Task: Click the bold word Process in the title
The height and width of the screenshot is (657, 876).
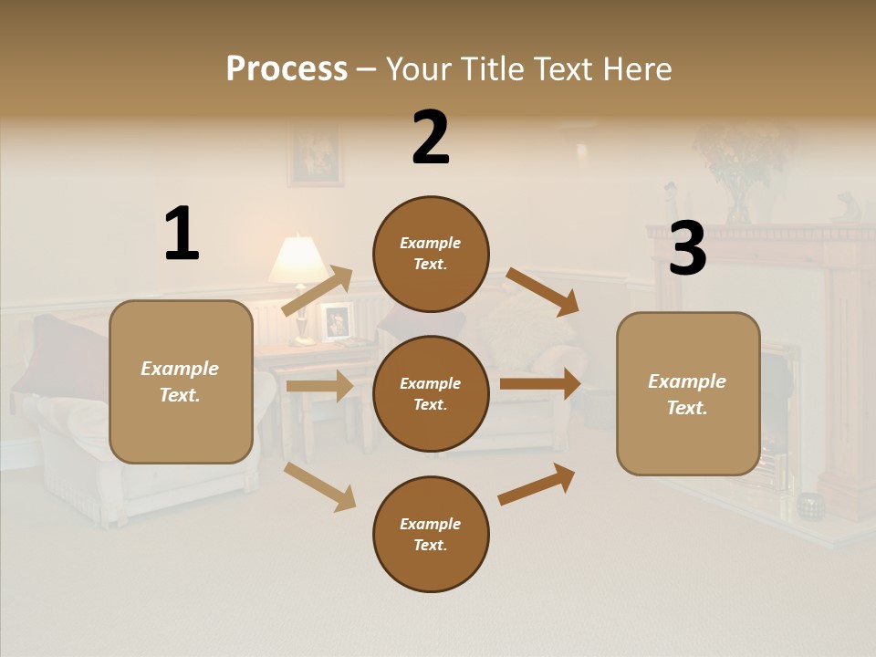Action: click(x=287, y=68)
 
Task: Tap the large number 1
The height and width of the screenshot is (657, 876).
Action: click(x=182, y=234)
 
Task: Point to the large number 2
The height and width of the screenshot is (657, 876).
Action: click(x=431, y=138)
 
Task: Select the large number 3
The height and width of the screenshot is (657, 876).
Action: click(x=688, y=248)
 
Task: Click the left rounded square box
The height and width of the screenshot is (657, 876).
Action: click(x=181, y=381)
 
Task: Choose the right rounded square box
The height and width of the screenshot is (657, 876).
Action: click(x=688, y=394)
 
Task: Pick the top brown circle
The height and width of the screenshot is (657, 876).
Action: click(x=431, y=254)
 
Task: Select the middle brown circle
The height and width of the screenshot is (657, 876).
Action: click(x=431, y=393)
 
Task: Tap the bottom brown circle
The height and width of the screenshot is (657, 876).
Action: click(x=431, y=534)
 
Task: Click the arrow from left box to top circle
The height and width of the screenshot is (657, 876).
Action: click(x=318, y=290)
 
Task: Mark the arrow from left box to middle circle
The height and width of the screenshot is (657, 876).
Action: click(x=319, y=386)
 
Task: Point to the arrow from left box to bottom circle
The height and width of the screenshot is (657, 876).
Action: click(x=319, y=485)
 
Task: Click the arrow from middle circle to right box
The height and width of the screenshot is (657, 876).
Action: click(x=540, y=384)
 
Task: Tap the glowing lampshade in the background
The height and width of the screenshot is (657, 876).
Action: click(x=298, y=260)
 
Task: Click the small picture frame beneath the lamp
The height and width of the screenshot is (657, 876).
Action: click(x=337, y=321)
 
